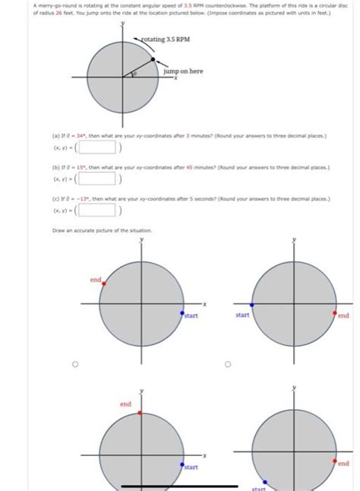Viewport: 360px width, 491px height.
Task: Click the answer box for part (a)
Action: [x=96, y=147]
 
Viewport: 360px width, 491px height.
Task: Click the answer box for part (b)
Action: [x=96, y=179]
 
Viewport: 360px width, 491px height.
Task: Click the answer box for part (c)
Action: [x=96, y=212]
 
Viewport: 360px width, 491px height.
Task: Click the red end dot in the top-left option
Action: [x=104, y=283]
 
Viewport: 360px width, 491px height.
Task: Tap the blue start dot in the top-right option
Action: [x=252, y=303]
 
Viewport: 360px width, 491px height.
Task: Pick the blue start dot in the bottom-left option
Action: [x=182, y=464]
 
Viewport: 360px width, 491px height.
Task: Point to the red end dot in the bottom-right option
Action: [x=335, y=458]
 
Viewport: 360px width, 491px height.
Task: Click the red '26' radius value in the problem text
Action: [x=32, y=12]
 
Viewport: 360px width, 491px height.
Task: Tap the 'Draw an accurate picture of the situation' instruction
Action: [x=92, y=230]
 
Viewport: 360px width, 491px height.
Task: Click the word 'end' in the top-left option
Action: [x=95, y=279]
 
